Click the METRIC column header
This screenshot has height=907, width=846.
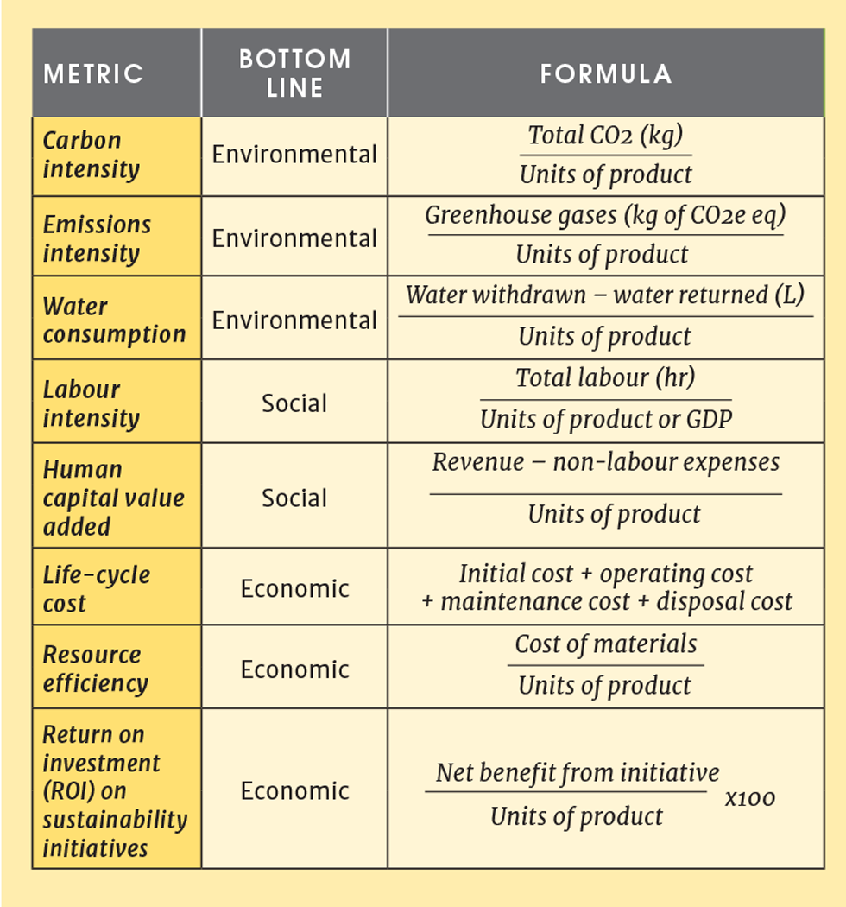(93, 73)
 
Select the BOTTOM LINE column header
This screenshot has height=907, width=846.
(294, 73)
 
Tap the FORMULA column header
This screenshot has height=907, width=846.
(606, 73)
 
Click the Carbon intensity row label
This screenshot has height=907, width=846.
(91, 154)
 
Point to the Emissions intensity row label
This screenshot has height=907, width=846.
(97, 238)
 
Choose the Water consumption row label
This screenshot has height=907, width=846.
(114, 320)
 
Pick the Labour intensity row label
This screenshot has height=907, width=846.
(91, 403)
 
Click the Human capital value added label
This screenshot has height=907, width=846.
(113, 498)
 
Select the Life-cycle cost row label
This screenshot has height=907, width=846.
(96, 588)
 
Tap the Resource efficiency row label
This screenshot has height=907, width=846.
(95, 669)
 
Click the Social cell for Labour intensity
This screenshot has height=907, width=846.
(294, 403)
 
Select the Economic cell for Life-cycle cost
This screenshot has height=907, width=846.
(294, 588)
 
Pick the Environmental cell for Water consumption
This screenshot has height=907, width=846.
(294, 320)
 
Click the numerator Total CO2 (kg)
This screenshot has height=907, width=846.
(605, 136)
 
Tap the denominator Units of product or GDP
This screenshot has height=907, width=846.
(605, 420)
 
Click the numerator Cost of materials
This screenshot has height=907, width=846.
(605, 644)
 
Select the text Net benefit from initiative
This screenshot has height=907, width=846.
(577, 772)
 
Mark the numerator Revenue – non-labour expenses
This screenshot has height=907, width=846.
(605, 462)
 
